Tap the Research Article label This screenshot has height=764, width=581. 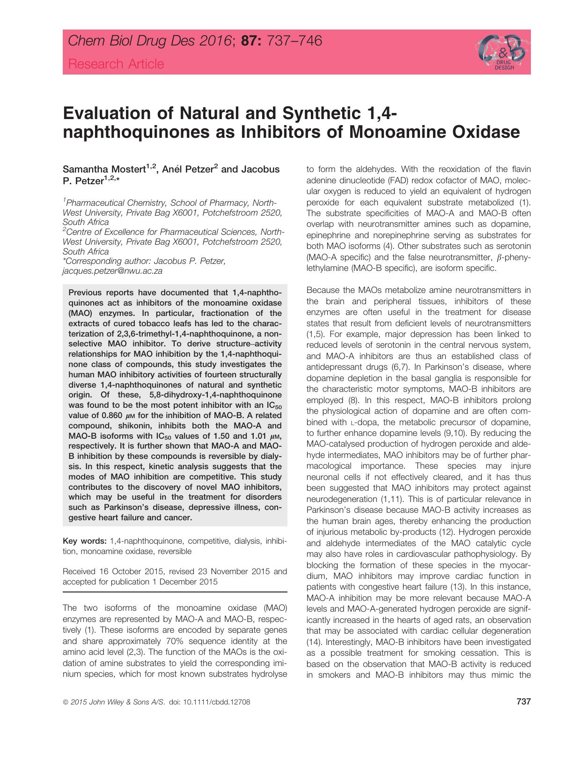(x=116, y=64)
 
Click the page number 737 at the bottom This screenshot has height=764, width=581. (x=523, y=702)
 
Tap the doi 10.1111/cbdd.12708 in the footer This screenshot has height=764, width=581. (x=216, y=702)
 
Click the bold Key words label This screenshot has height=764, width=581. (x=85, y=541)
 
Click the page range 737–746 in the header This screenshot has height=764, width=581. (x=294, y=42)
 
